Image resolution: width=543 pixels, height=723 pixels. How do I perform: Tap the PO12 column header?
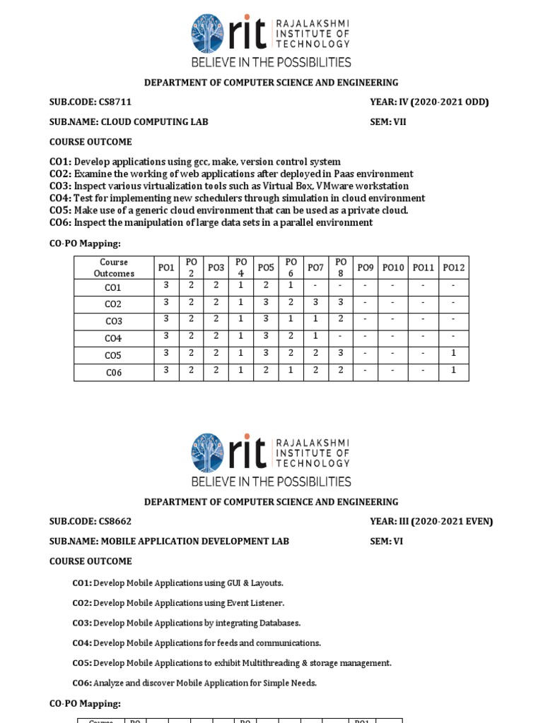453,268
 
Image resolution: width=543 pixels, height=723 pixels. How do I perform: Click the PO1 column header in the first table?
166,268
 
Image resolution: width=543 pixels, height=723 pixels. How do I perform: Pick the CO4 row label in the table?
113,338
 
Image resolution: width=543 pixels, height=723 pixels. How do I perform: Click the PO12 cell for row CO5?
453,353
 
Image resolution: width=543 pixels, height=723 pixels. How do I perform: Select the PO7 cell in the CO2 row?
315,302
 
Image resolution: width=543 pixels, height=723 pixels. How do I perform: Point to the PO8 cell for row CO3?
340,319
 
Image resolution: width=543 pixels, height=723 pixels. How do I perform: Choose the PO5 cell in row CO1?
266,285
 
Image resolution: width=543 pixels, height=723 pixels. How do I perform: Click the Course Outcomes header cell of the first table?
114,268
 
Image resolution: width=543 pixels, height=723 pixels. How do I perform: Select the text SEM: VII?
388,122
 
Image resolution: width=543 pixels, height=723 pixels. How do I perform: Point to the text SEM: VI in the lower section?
386,542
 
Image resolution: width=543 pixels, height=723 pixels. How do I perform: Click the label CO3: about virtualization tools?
61,186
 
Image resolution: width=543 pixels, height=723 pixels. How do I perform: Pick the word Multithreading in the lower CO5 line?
269,663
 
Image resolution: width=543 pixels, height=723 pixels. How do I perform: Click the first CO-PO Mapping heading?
85,244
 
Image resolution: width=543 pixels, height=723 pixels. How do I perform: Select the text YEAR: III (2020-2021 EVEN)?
431,522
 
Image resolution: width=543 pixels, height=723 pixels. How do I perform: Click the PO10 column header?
393,268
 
